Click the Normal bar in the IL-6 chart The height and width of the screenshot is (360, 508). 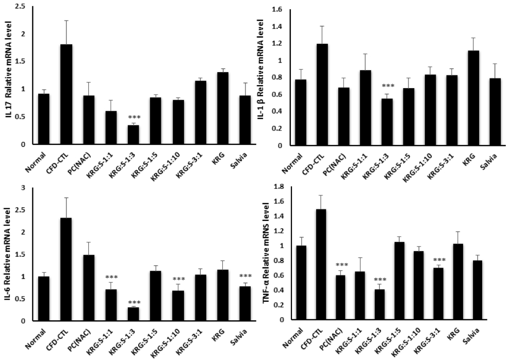coord(44,299)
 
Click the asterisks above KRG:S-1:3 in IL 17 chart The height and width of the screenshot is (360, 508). coord(133,119)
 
